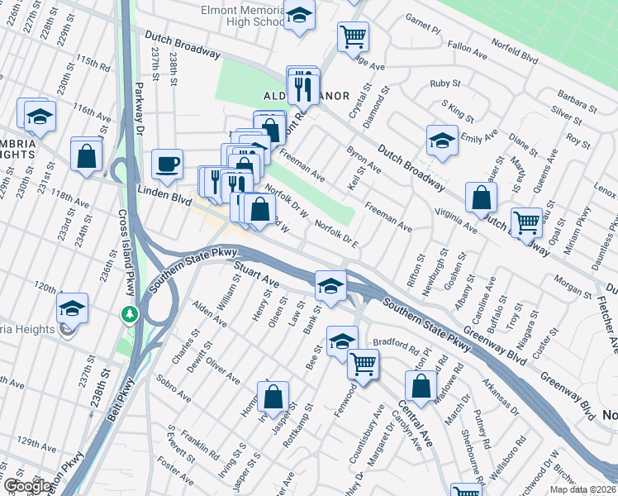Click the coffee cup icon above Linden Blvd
point(168,164)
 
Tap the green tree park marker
point(129,314)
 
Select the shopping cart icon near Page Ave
point(353,36)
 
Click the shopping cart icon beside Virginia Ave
point(526,222)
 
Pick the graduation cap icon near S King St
point(442,140)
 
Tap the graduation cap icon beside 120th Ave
point(73,308)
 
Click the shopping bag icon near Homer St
point(273,397)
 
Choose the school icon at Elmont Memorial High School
point(300,15)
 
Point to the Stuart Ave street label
point(257,278)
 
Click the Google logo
point(27,486)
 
